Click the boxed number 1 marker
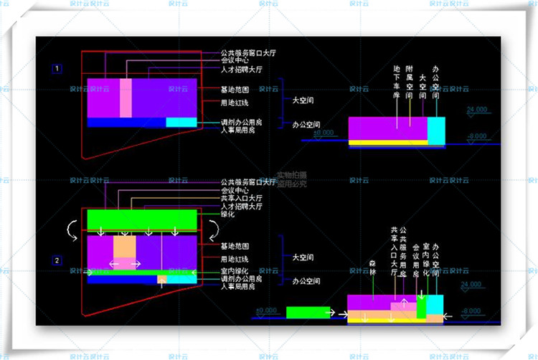pos(57,69)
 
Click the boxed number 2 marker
pos(57,260)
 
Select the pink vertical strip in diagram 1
pos(126,98)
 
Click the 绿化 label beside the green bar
pos(229,214)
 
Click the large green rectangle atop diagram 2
pos(141,219)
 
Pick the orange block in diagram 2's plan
pos(124,247)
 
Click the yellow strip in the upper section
pos(387,142)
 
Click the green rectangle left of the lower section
pos(308,312)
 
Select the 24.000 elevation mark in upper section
pos(475,110)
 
